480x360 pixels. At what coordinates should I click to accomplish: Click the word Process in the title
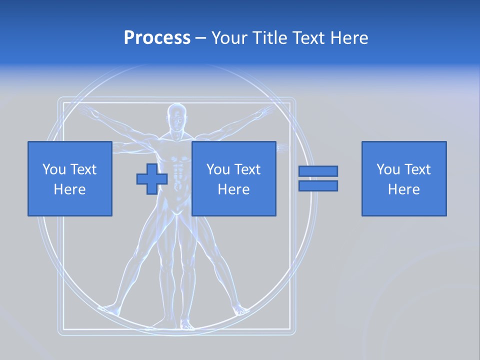pos(157,38)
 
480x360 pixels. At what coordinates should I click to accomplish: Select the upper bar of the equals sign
pos(318,171)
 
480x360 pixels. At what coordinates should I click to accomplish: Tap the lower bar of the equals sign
pos(318,186)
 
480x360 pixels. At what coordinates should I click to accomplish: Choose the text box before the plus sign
pos(69,179)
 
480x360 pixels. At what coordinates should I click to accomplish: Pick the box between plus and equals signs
pos(233,179)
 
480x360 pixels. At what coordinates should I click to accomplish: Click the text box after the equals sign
pos(403,179)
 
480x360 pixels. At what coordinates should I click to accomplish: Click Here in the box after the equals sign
pos(403,189)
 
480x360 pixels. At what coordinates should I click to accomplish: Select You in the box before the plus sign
pos(53,169)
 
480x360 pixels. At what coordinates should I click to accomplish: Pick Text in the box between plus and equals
pos(247,169)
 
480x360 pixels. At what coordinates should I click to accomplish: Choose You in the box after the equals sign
pos(388,169)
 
